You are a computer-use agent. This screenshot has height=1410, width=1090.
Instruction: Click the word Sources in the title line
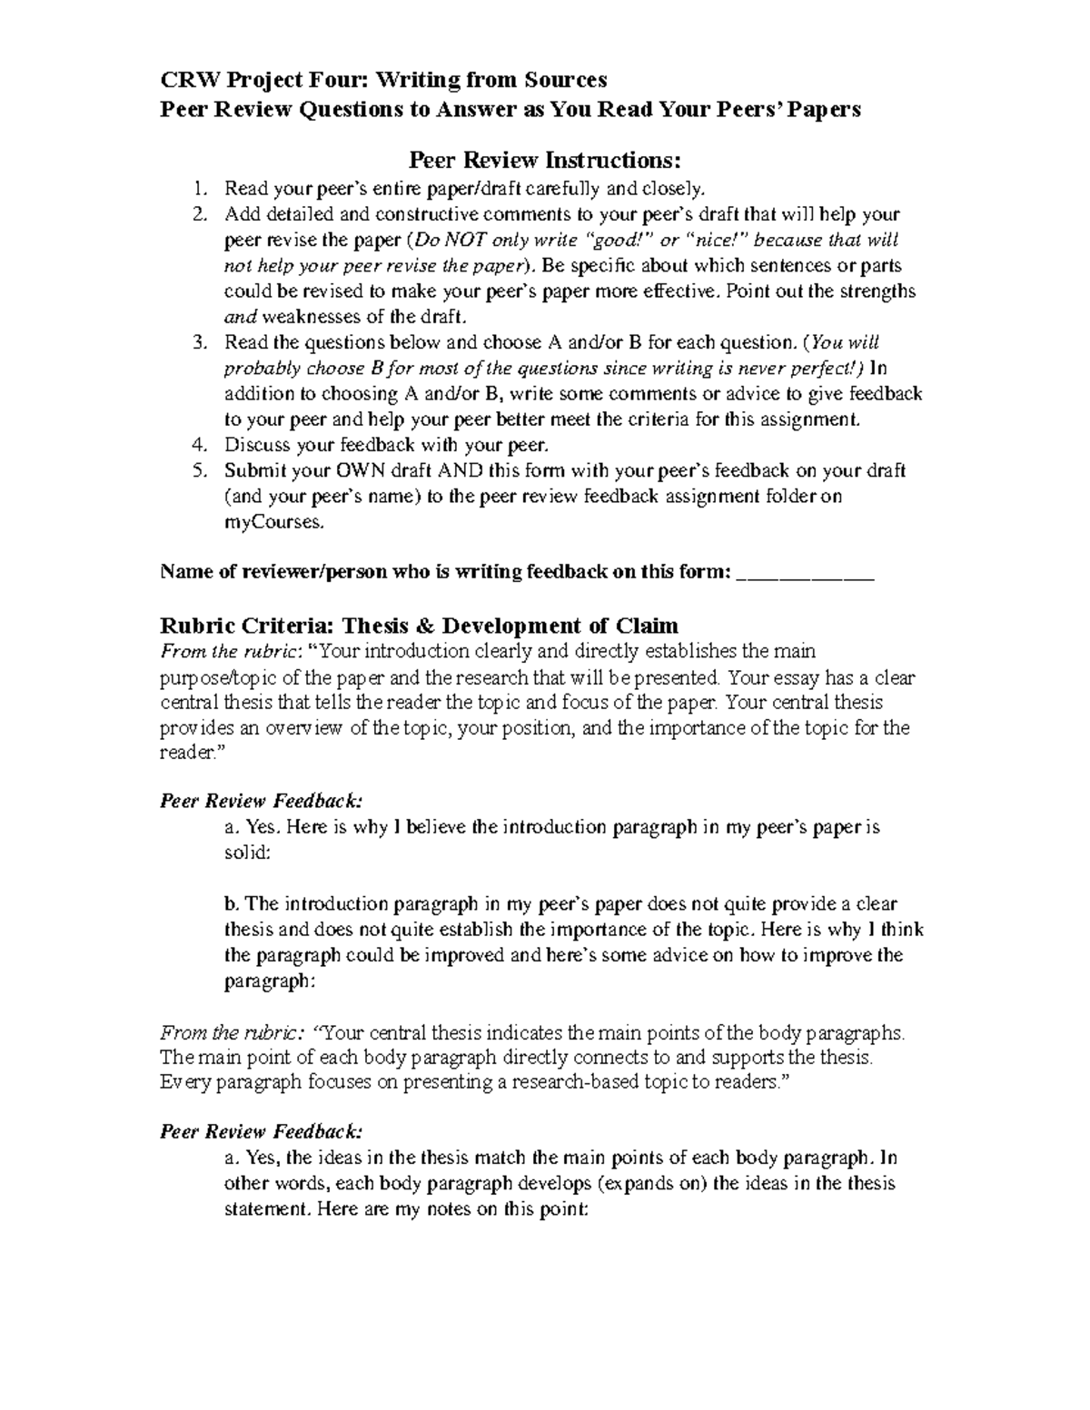pos(566,80)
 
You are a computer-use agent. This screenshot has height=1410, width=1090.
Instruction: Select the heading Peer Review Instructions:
pos(544,161)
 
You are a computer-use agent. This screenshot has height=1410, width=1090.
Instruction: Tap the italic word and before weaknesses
pos(241,317)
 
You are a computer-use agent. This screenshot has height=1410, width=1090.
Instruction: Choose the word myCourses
pos(272,523)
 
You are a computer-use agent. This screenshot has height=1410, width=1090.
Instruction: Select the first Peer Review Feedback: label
pos(261,801)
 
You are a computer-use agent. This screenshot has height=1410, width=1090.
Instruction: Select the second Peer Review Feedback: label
pos(261,1131)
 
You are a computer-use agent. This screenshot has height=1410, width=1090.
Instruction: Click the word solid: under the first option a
pos(247,853)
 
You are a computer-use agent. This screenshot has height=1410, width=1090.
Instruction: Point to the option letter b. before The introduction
pos(232,904)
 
